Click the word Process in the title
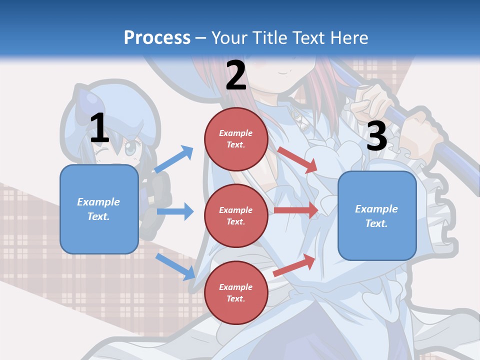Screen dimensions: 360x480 click(157, 37)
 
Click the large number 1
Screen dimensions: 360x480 click(99, 128)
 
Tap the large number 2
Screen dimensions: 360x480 click(236, 75)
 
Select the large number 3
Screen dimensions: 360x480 click(376, 136)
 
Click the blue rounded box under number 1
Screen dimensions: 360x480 click(99, 209)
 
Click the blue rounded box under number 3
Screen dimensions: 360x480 click(376, 216)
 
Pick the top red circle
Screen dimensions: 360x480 click(235, 139)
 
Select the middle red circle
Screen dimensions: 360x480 click(235, 216)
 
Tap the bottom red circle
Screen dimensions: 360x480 click(235, 293)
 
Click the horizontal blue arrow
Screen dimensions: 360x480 click(175, 211)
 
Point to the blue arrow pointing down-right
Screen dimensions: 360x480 click(175, 266)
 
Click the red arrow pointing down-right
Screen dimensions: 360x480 click(298, 159)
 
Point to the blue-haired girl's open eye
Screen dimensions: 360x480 click(130, 148)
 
